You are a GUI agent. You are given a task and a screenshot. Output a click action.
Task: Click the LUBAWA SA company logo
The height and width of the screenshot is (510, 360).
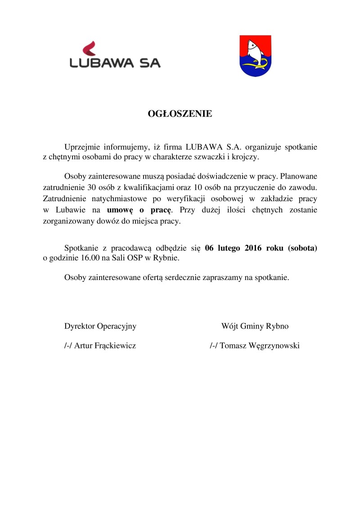point(115,55)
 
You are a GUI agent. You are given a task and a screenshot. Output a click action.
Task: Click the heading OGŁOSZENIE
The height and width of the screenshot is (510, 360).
point(180,114)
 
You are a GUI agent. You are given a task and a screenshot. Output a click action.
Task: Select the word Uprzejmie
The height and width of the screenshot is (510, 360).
point(82,147)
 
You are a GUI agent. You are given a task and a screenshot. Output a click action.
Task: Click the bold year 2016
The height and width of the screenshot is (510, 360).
point(256,248)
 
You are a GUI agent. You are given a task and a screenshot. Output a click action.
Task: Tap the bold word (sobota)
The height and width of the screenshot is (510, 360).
point(303,248)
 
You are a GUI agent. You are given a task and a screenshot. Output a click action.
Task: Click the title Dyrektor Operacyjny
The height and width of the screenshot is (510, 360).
point(100,326)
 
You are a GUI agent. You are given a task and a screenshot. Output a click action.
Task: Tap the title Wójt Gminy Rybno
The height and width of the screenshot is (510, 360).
point(255,326)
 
